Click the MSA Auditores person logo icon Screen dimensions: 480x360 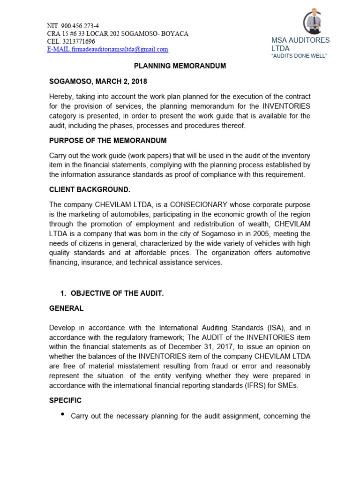pos(313,21)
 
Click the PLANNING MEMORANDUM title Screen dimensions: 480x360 pos(180,66)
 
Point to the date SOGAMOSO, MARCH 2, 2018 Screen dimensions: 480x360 pos(98,82)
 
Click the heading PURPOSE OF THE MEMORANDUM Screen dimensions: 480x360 pos(107,141)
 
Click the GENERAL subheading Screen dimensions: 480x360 pos(66,308)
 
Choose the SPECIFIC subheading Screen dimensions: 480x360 pos(65,400)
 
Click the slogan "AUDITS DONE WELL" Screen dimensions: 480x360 pos(299,56)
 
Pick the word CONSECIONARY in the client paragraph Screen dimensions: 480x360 pos(198,204)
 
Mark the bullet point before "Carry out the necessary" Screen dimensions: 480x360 pos(63,415)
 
